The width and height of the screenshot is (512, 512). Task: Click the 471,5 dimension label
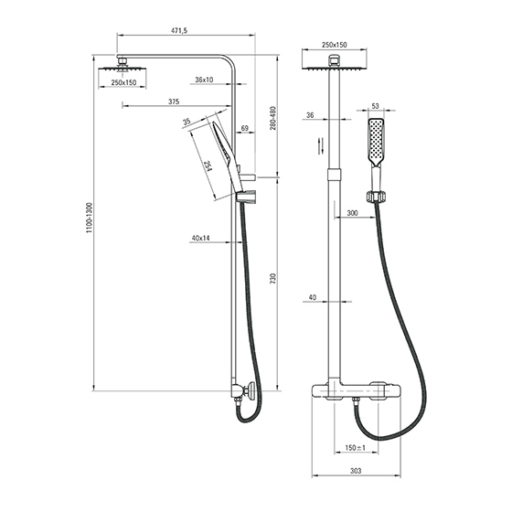point(179,31)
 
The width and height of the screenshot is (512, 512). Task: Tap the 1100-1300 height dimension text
point(90,218)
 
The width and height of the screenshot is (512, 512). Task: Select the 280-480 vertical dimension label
point(273,118)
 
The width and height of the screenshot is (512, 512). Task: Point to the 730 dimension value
point(273,278)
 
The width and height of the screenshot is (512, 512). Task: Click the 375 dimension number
point(174,101)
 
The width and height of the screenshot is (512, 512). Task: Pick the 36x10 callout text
point(204,80)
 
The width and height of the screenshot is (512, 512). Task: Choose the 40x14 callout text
point(200,238)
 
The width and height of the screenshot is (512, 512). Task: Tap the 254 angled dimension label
point(208,165)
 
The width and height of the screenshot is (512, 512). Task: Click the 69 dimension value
point(245,128)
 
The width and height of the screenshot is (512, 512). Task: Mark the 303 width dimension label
point(356,471)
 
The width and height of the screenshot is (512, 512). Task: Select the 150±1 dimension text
point(356,448)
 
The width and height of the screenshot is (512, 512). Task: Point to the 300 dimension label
point(352,213)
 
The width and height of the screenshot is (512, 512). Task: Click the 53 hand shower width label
point(375,106)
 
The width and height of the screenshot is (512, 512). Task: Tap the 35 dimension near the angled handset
point(187,122)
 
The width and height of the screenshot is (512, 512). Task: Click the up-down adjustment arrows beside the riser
point(321,145)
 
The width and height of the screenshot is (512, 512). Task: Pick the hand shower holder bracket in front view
point(377,197)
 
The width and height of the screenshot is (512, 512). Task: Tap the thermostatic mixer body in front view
point(357,391)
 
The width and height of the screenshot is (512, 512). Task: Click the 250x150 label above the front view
point(335,45)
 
